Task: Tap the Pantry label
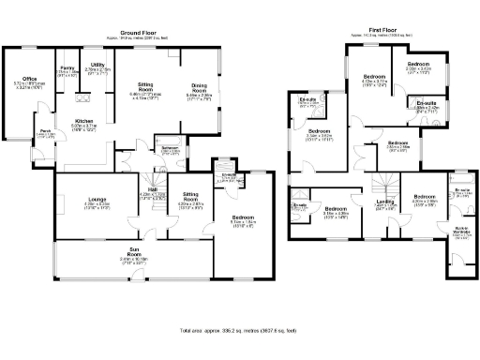coord(67,67)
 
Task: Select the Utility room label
coord(97,65)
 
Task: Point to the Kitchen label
coord(84,121)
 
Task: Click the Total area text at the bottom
coord(240,331)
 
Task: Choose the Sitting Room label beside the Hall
coord(191,197)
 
